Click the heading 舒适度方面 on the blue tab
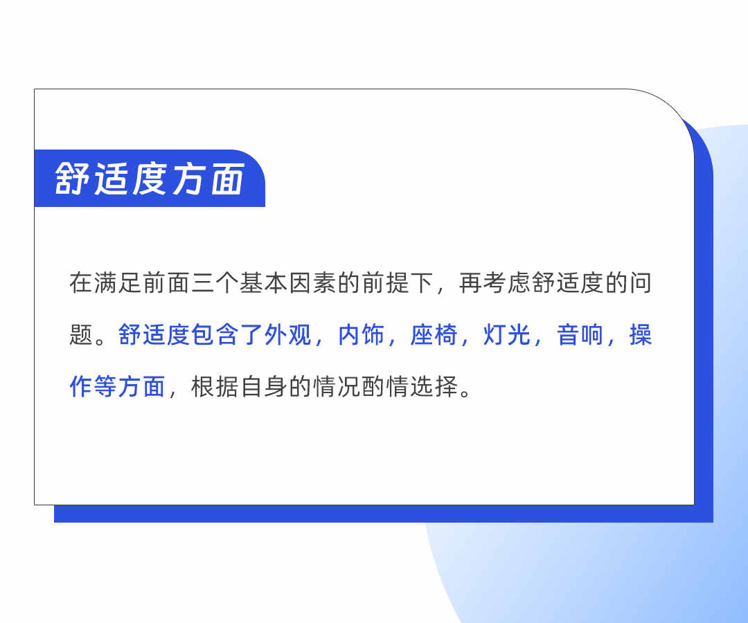tap(150, 179)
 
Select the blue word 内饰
tap(361, 335)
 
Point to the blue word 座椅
tap(434, 335)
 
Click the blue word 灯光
tap(506, 335)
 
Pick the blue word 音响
tap(579, 335)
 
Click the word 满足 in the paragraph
tap(117, 284)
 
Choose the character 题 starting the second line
tap(81, 335)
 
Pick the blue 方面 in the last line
tap(141, 386)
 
